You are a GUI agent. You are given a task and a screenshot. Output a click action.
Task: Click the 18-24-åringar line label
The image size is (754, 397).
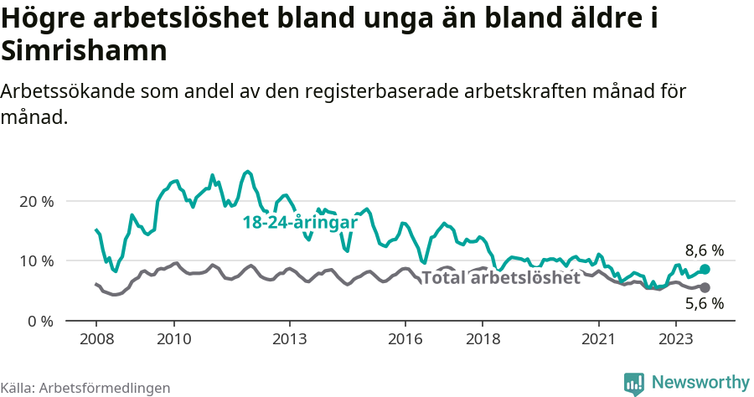(x=300, y=224)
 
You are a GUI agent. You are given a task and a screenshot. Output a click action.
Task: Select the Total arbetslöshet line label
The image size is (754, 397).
(x=500, y=278)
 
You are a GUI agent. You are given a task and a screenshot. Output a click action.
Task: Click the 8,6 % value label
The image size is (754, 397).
(x=704, y=250)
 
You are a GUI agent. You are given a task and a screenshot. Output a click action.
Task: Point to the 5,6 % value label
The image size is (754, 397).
(x=704, y=304)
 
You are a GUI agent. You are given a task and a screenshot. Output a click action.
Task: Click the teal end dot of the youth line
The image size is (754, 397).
(x=705, y=269)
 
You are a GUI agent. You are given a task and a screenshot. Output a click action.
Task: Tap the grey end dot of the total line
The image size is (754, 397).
(x=705, y=287)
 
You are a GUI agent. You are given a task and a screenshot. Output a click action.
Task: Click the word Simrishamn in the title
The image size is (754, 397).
(x=85, y=50)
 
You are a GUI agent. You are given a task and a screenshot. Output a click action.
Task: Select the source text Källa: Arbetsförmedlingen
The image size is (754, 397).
(x=85, y=388)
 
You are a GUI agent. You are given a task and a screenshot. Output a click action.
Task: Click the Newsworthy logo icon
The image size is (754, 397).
(x=634, y=383)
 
